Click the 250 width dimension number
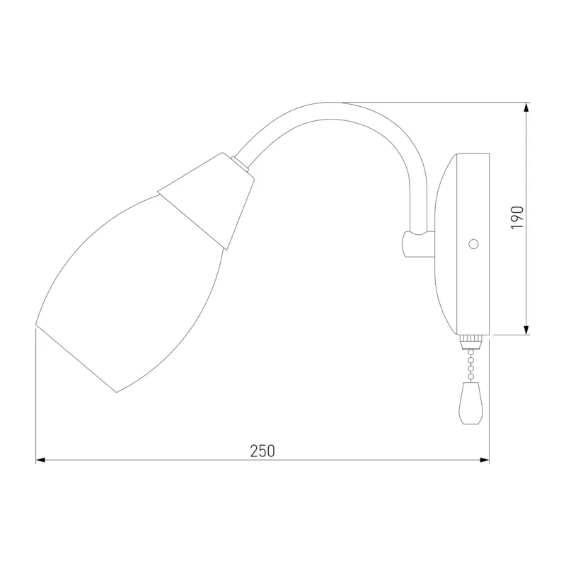pos(262,451)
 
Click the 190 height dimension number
pos(517,217)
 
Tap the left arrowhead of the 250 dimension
pos(40,460)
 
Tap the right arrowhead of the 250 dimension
pos(485,460)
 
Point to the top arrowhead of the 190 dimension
pos(526,108)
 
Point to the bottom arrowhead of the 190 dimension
pos(526,330)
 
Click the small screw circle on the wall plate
pos(473,244)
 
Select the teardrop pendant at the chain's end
pos(470,403)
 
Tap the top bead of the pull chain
pos(470,352)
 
